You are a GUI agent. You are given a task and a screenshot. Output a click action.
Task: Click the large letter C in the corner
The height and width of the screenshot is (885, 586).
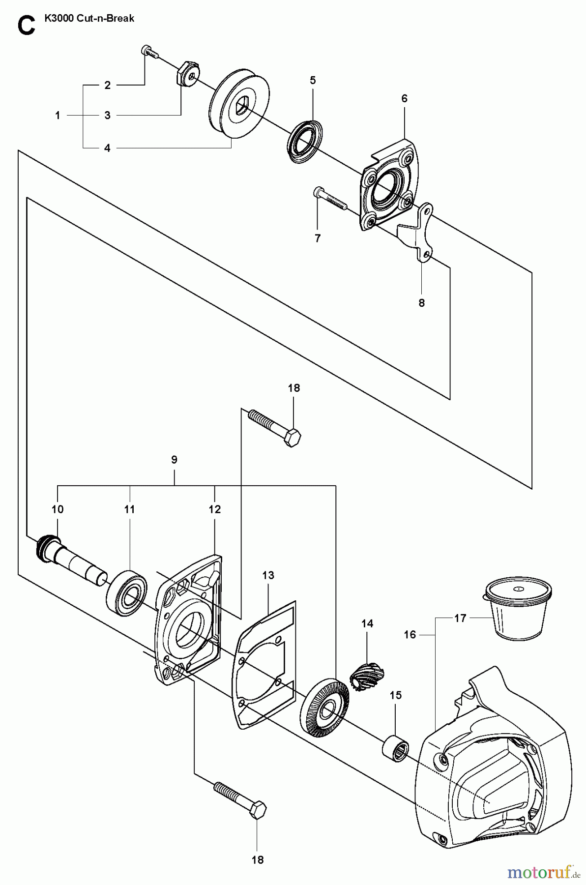(x=26, y=25)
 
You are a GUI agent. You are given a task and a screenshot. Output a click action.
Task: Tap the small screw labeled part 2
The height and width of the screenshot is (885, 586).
(x=149, y=52)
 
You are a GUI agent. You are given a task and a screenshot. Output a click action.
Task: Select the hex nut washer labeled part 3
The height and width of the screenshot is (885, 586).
(x=185, y=73)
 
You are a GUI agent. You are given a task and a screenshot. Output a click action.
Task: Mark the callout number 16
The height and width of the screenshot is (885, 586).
(x=410, y=634)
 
